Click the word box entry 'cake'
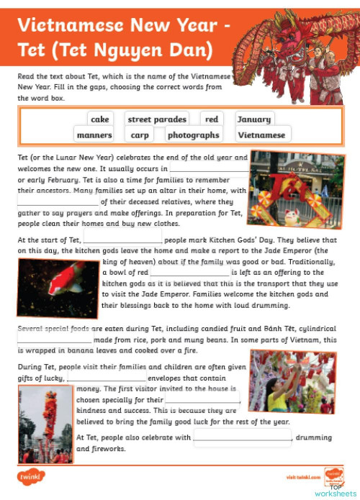click(100, 119)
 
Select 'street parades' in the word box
click(157, 119)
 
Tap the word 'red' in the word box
click(211, 119)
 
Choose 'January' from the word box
click(253, 119)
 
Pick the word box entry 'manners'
click(94, 135)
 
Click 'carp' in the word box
click(140, 135)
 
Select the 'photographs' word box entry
click(193, 135)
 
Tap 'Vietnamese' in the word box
click(262, 135)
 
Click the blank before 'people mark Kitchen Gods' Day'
click(123, 239)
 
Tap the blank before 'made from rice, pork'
click(55, 339)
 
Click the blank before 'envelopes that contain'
click(106, 378)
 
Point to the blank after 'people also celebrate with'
click(243, 437)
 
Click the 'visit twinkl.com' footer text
click(300, 477)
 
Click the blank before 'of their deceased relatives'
click(58, 203)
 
